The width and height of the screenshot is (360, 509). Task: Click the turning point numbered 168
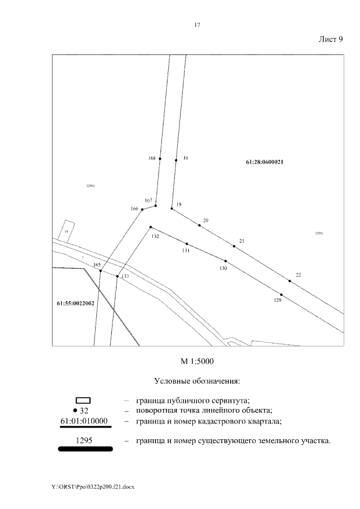click(x=160, y=159)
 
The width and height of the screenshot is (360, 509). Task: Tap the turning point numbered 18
click(x=176, y=160)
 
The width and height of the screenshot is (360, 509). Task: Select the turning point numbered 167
click(x=155, y=206)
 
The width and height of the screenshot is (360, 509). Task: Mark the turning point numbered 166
click(x=142, y=210)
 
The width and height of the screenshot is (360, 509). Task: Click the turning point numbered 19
click(x=172, y=209)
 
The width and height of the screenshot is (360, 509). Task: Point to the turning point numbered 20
click(x=199, y=226)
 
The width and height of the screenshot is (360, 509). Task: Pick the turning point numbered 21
click(x=234, y=246)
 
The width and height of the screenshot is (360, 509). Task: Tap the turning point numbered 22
click(x=290, y=281)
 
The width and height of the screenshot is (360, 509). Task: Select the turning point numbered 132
click(x=150, y=227)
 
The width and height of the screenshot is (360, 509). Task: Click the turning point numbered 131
click(x=187, y=244)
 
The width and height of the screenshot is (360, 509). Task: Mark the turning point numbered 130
click(x=226, y=262)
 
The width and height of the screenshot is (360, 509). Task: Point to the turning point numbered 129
click(x=281, y=295)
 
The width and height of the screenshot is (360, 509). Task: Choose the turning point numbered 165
click(x=100, y=271)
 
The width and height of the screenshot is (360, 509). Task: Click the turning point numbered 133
click(x=117, y=276)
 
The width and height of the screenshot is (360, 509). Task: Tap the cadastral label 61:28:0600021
click(x=264, y=162)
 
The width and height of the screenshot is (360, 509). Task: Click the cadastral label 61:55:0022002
click(x=75, y=303)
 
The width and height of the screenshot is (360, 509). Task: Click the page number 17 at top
click(x=197, y=25)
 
